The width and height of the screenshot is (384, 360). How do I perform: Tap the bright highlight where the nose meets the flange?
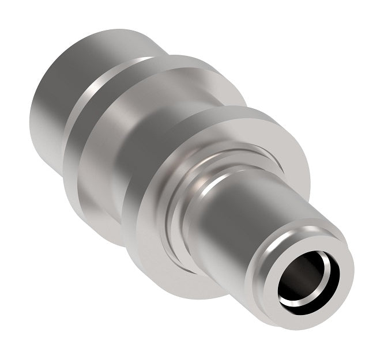click(x=203, y=176)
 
